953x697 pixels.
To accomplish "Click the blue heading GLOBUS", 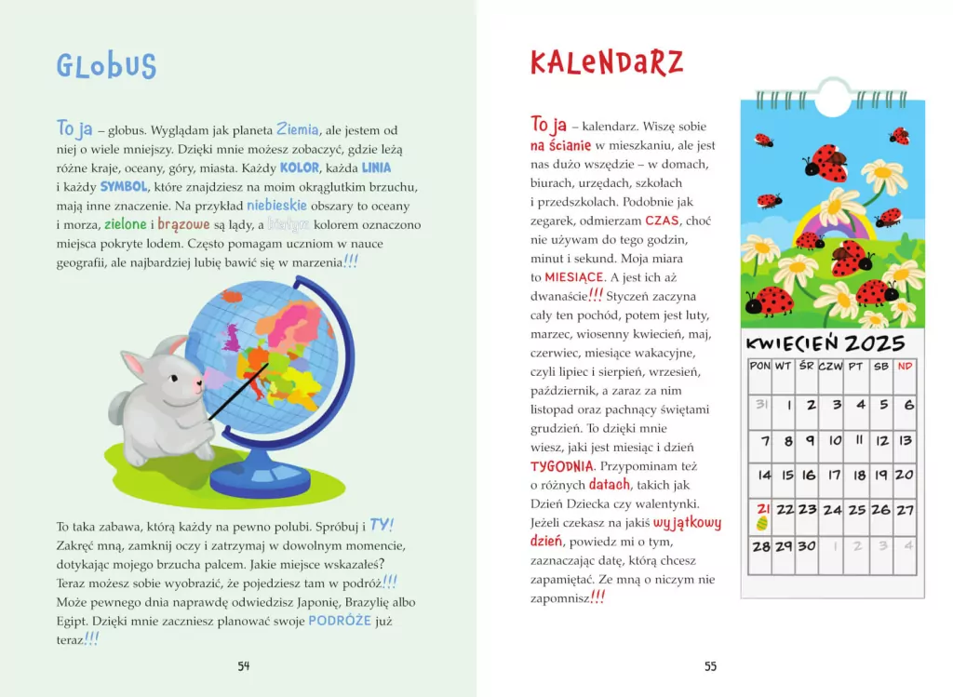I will (106, 66).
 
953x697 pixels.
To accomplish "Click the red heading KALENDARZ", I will (606, 62).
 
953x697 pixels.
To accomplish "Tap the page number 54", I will (244, 665).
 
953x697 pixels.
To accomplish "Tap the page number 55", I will (710, 665).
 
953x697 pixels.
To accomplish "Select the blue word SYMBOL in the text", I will (124, 187).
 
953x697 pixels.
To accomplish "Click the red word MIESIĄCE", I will (574, 277).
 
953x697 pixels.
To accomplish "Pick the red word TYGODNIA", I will (562, 465).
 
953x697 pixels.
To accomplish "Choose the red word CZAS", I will (663, 221).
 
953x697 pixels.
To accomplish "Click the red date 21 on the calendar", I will (762, 509).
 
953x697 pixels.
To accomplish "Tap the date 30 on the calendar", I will (807, 546).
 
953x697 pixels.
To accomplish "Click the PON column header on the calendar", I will (760, 366).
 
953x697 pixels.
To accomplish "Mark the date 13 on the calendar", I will (905, 441).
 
